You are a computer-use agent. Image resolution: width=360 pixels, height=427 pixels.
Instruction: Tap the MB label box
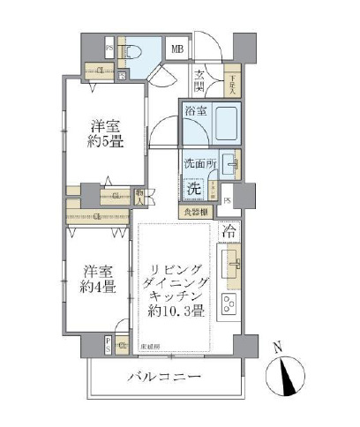coord(177,49)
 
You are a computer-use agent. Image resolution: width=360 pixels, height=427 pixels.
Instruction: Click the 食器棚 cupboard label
coord(195,212)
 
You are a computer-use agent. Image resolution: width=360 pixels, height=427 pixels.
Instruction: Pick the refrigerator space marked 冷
coord(228,234)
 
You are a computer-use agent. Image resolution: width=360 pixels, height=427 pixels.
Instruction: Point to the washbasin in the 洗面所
coord(229,164)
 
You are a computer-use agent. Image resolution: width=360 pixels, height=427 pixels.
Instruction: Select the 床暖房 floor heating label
coord(151,347)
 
